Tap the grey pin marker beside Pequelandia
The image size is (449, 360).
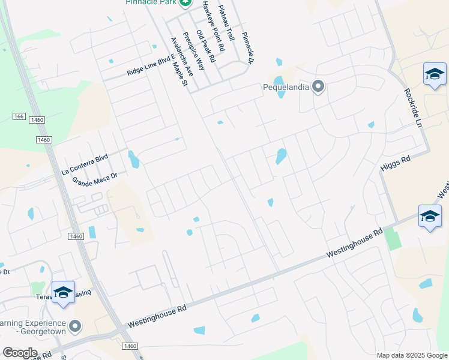319,88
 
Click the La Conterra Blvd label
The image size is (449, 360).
85,164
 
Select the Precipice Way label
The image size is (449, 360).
194,50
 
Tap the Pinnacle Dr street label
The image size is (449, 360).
248,49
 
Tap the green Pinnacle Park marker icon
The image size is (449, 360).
186,3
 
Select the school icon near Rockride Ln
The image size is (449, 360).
434,74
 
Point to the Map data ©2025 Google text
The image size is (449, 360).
412,355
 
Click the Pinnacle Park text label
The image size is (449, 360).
149,2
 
